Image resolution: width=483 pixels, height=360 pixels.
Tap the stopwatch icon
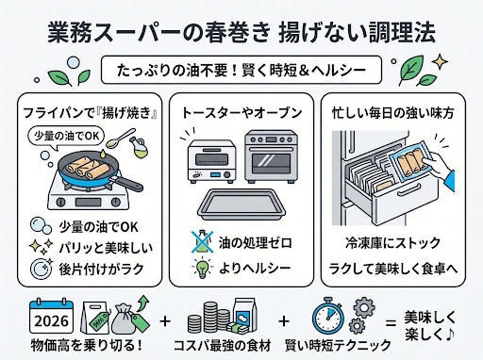click(327, 316)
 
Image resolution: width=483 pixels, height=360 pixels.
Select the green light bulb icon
click(201, 268)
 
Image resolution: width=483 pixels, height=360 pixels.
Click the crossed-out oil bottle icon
click(202, 242)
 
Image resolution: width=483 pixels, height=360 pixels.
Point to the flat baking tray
click(241, 203)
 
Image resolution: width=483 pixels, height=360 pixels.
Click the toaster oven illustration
click(212, 162)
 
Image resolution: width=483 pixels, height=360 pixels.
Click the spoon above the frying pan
click(121, 138)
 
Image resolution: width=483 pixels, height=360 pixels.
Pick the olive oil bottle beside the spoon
click(139, 147)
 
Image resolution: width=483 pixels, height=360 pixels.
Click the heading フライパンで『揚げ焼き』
click(90, 113)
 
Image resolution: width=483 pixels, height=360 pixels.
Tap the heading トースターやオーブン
click(241, 113)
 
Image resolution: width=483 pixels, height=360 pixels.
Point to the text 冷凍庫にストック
click(392, 243)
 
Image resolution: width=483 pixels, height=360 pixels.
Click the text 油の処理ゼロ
click(256, 243)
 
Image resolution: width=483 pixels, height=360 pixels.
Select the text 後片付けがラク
click(101, 270)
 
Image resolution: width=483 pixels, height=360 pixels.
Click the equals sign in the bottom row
click(391, 323)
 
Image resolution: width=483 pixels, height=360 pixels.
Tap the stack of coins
click(208, 317)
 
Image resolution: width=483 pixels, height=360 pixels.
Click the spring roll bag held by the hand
click(409, 162)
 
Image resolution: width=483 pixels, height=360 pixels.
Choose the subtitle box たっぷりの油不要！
click(241, 70)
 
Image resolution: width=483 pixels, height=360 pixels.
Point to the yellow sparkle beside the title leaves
click(440, 62)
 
